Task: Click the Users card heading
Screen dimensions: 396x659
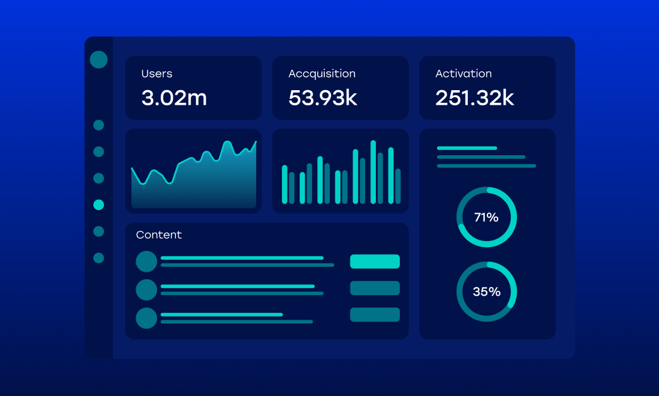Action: coord(156,74)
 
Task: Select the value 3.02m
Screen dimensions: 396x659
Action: coord(173,98)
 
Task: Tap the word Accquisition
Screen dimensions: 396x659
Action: coord(322,74)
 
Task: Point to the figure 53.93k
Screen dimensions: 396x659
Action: coord(322,98)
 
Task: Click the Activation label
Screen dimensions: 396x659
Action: coord(463,74)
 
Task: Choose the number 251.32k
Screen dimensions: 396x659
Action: coord(474,98)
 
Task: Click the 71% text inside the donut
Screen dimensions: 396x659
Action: coord(486,218)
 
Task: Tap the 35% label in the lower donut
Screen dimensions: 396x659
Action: coord(486,292)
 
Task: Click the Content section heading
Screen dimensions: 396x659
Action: coord(158,235)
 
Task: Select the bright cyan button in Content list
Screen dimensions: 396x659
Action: coord(375,261)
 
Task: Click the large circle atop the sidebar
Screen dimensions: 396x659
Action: coord(98,60)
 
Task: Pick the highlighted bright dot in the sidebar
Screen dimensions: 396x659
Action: coord(98,204)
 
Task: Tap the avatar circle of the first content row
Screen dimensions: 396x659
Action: coord(146,261)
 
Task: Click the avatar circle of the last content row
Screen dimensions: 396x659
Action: coord(146,318)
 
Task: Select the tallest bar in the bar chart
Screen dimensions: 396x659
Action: coord(373,172)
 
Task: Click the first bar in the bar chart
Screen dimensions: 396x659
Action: coord(284,184)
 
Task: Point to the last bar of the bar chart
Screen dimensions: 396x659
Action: coord(398,186)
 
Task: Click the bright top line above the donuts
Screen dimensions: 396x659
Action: coord(467,148)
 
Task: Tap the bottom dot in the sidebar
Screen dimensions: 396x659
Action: coord(98,258)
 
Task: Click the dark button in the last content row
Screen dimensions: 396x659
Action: coord(375,315)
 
